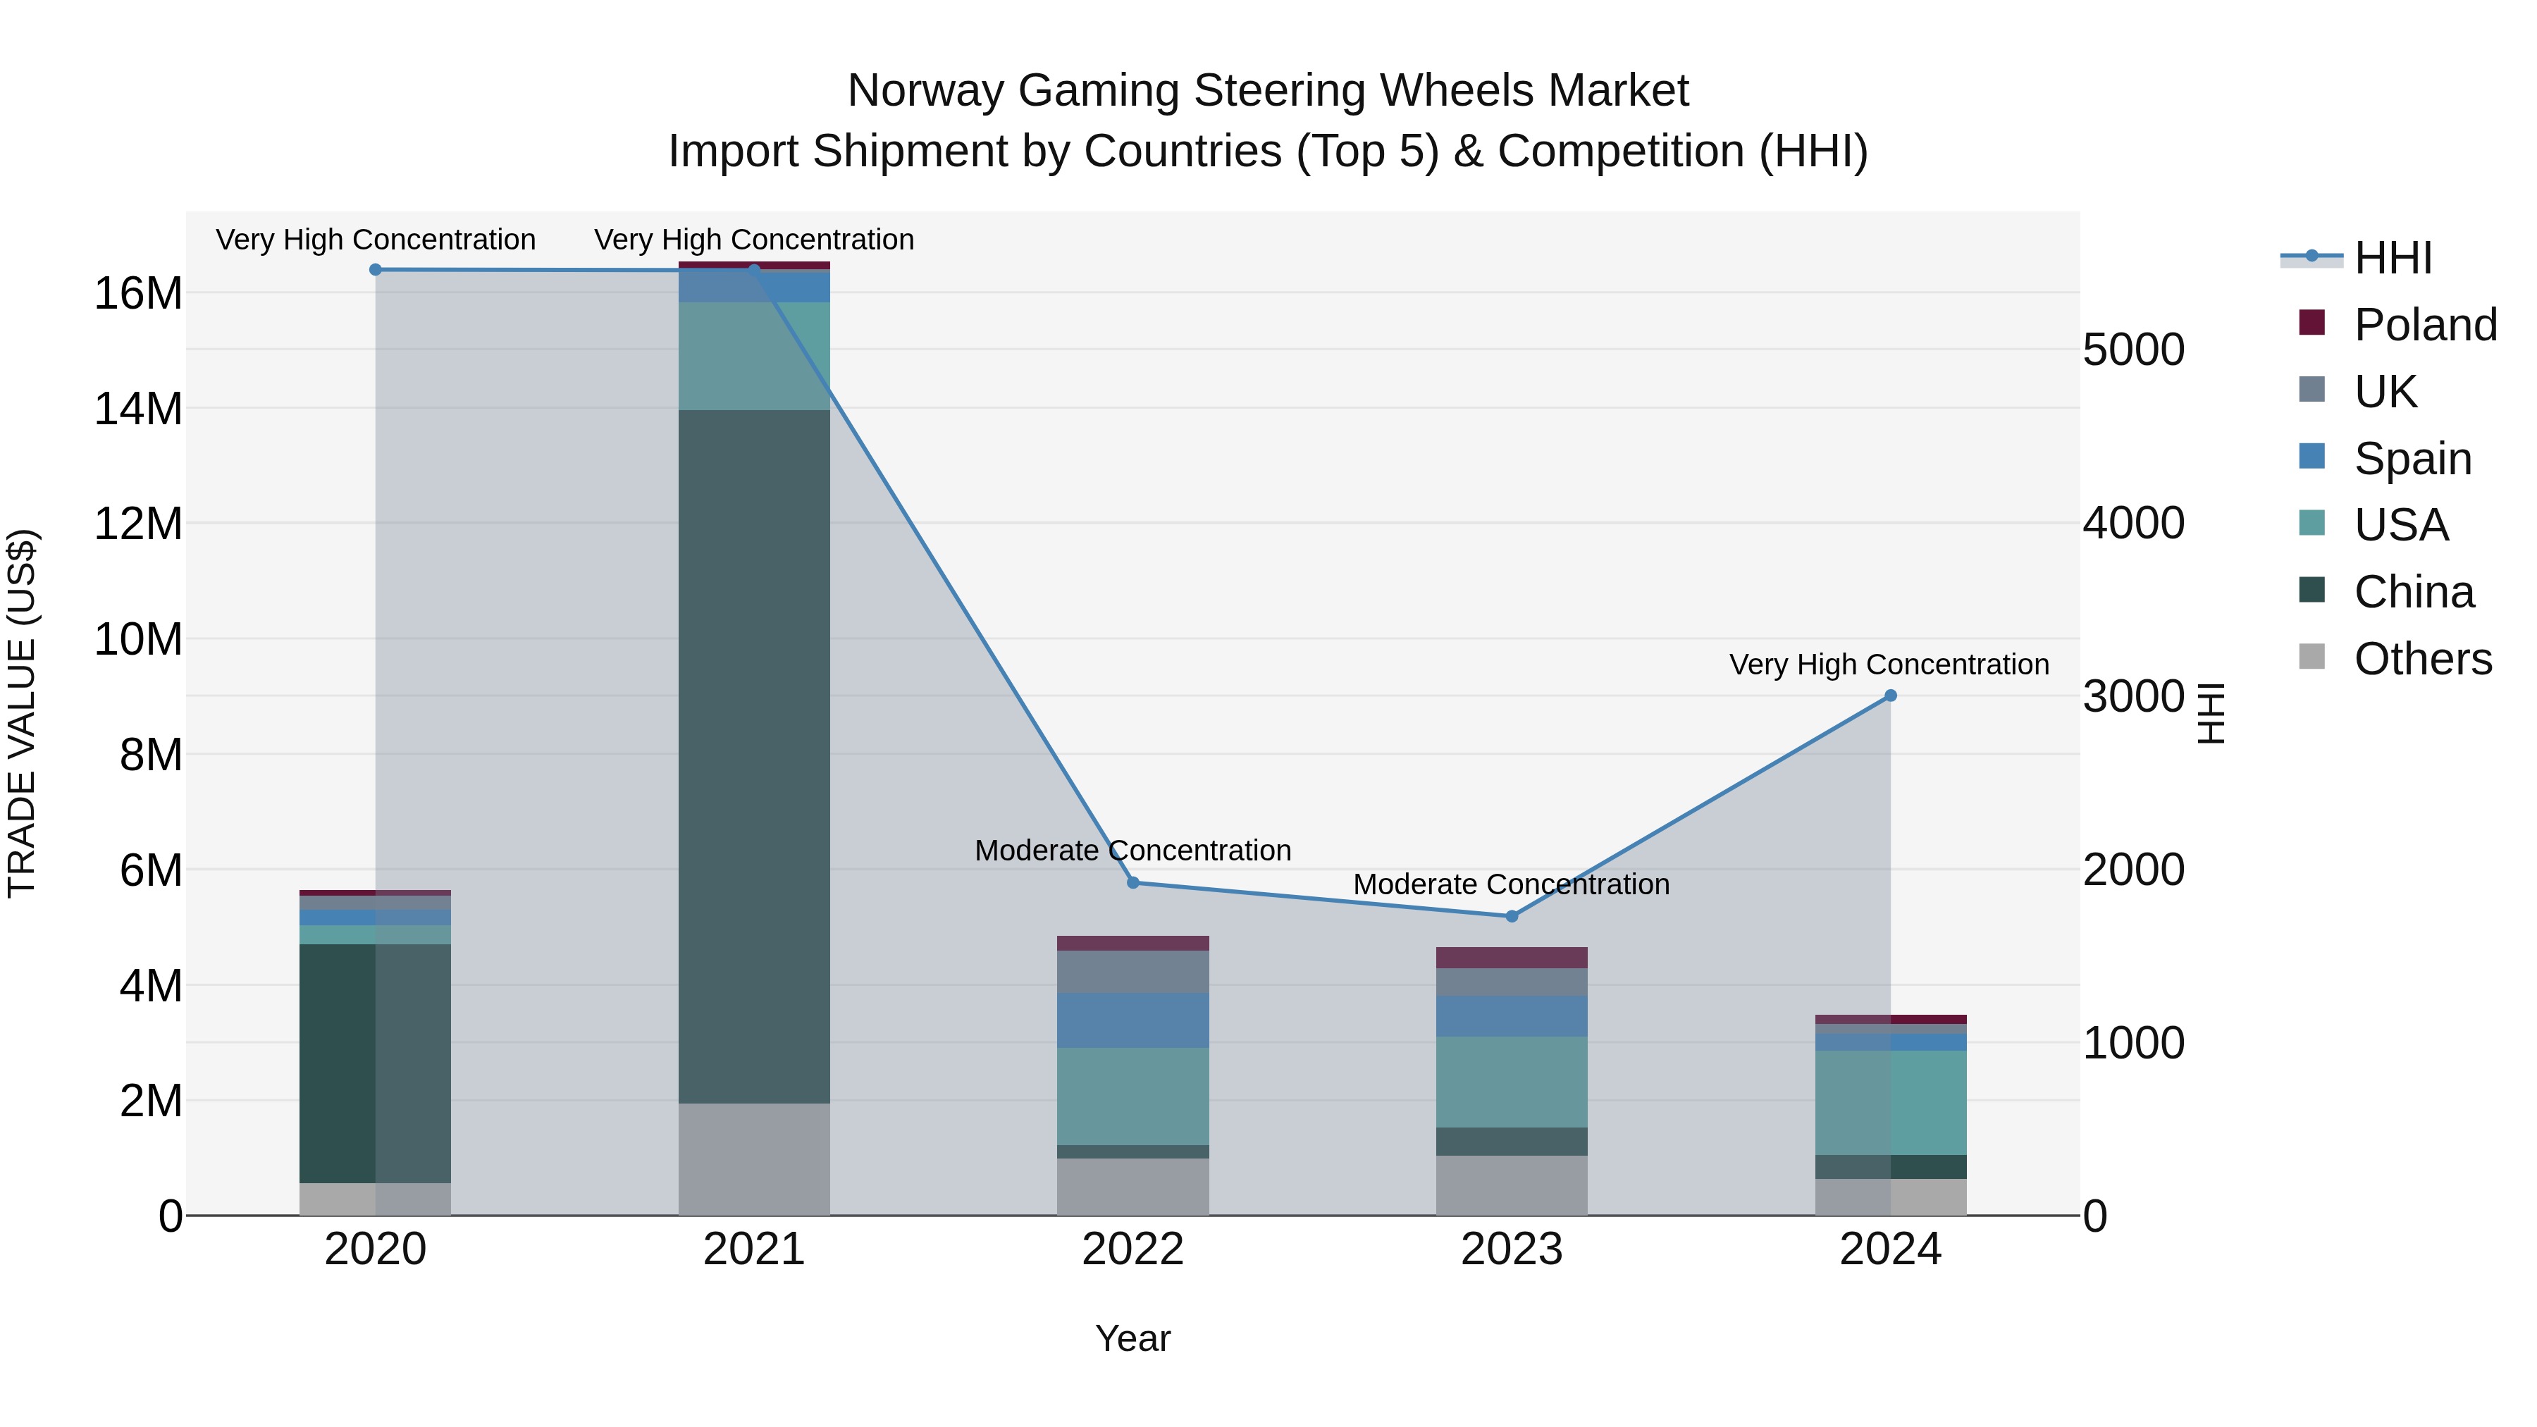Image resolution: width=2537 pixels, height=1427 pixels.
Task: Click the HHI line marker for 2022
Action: (x=1132, y=882)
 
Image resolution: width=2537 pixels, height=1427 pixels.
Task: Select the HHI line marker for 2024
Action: (x=1890, y=696)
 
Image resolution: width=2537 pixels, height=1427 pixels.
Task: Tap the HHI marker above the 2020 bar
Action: (x=375, y=270)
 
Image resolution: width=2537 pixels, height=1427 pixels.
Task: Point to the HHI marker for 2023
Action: (x=1512, y=916)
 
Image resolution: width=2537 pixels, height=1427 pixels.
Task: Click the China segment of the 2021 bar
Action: (x=754, y=755)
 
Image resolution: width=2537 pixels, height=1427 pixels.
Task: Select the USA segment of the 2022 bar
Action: (x=1132, y=1096)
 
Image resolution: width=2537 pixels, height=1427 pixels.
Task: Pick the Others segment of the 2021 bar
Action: (x=754, y=1159)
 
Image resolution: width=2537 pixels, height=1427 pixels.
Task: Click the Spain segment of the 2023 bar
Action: (x=1512, y=1015)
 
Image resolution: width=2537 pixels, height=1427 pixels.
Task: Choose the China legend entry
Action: (x=2413, y=592)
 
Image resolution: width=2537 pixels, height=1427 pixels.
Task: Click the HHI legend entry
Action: (x=2393, y=258)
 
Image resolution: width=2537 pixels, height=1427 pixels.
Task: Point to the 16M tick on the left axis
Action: (x=138, y=293)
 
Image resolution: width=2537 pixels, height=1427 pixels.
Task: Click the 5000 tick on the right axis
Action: (x=2134, y=350)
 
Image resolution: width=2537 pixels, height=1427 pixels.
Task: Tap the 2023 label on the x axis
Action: (x=1512, y=1249)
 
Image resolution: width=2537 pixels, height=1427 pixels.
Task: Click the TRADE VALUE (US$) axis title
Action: (x=22, y=713)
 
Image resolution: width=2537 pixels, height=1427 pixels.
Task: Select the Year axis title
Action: (x=1132, y=1338)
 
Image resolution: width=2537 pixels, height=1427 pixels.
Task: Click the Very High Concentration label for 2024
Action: (x=1889, y=665)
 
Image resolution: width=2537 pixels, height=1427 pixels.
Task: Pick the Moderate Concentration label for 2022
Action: (x=1132, y=850)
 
